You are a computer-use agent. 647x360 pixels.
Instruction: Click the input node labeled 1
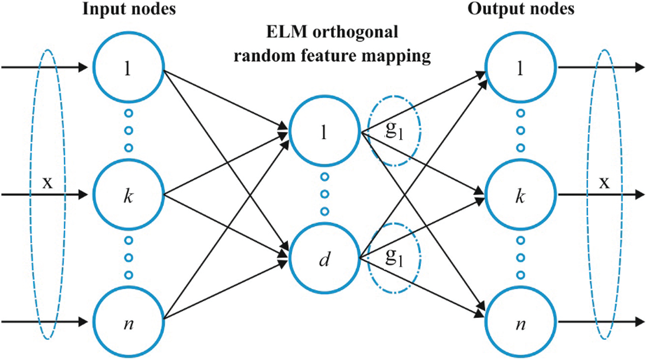128,67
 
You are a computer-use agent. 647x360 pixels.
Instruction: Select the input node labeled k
128,195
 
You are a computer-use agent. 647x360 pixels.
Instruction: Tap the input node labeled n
128,322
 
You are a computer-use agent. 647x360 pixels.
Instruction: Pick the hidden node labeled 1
325,131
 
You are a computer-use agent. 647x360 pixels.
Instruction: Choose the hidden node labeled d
325,258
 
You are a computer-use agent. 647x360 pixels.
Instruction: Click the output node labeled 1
521,67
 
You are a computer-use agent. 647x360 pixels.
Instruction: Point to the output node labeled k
521,195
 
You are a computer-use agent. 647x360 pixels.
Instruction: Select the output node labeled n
521,322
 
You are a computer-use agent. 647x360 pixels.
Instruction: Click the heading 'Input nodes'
129,9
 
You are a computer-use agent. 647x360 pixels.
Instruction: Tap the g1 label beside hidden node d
394,257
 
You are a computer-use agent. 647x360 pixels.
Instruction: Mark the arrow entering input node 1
45,67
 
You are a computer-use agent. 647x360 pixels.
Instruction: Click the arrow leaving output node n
601,322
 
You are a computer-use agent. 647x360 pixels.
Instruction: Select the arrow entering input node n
45,322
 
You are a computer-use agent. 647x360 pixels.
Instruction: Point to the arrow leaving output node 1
601,67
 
